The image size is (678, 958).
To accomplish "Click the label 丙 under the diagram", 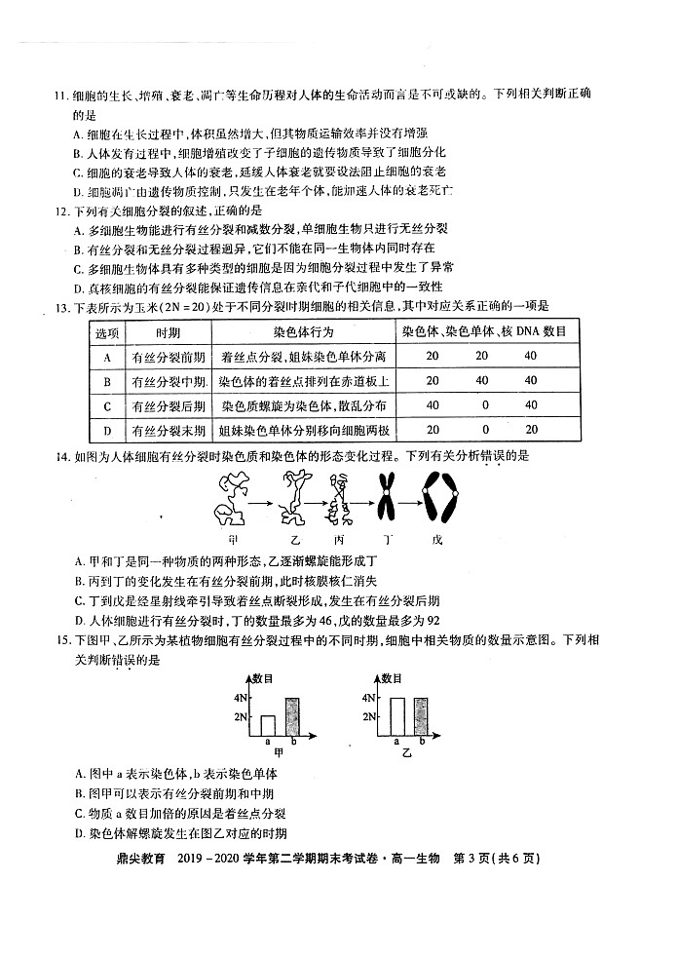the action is (x=339, y=538).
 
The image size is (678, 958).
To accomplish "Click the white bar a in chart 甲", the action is (x=267, y=725).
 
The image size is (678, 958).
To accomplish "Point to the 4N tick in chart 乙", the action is (x=368, y=698).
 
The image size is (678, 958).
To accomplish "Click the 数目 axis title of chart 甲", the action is (x=264, y=677).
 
